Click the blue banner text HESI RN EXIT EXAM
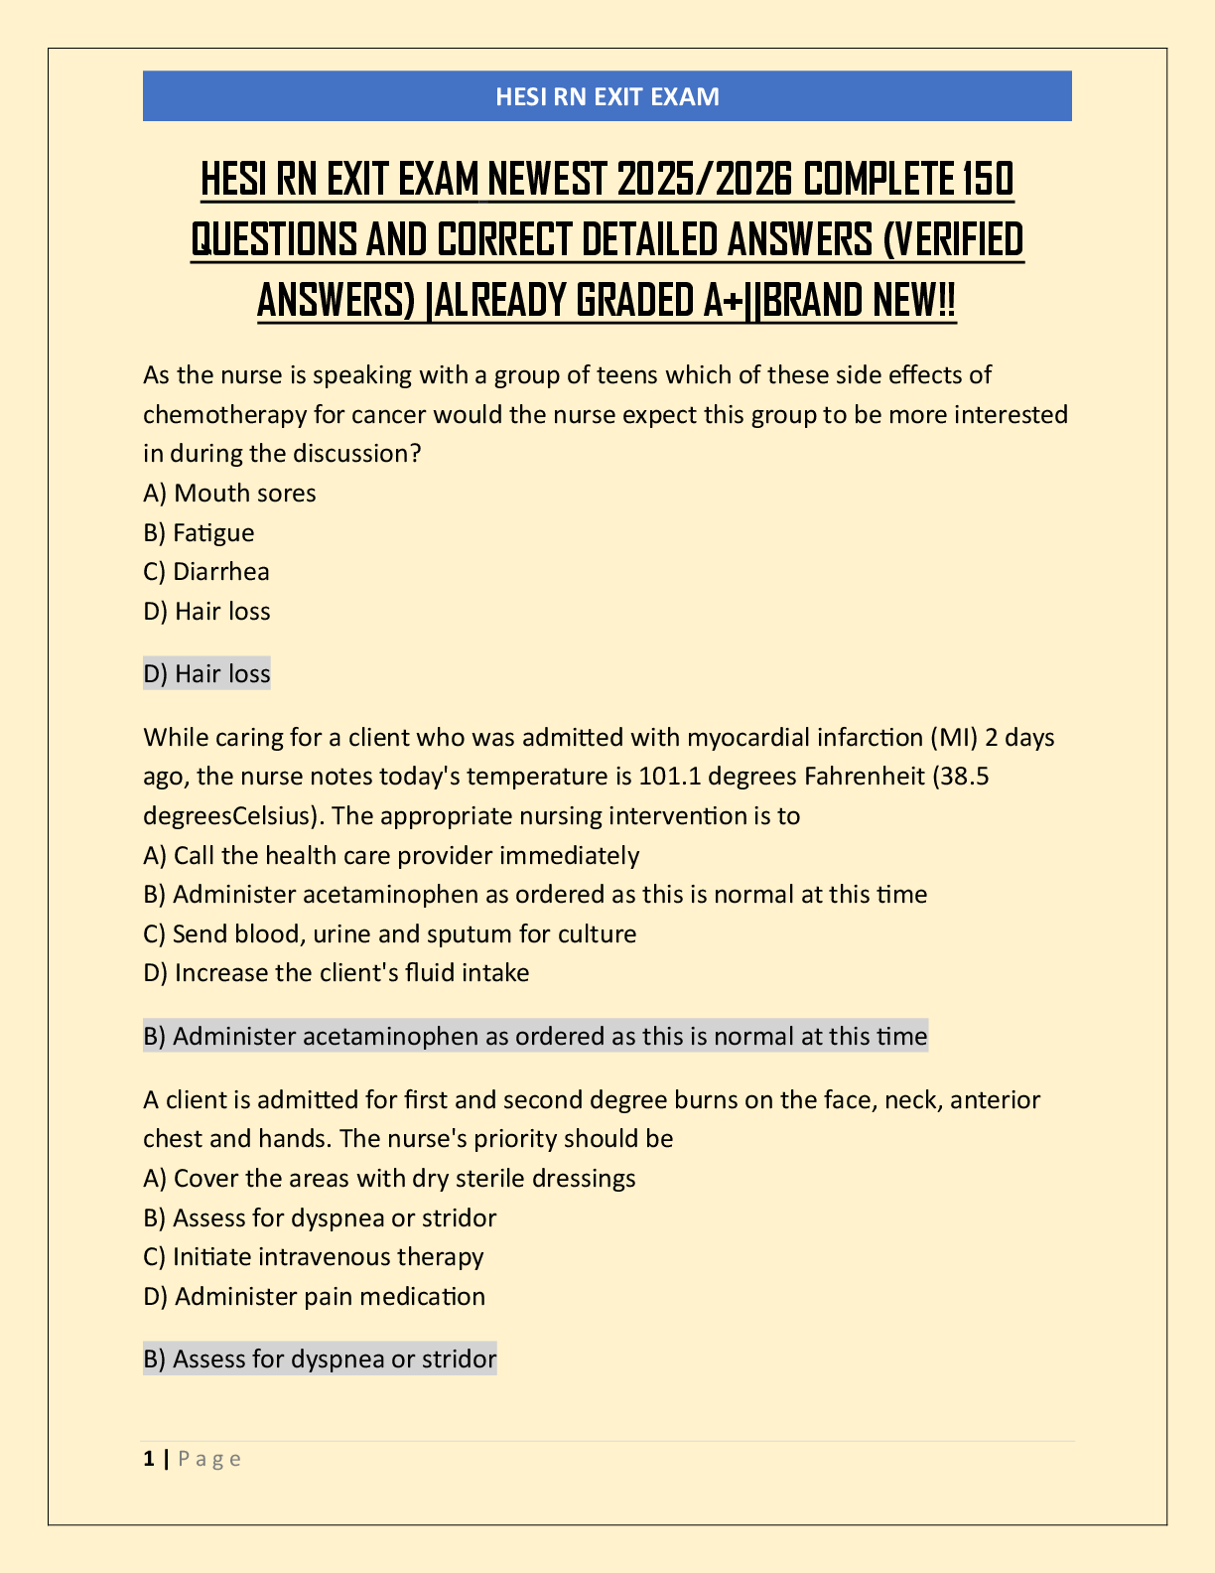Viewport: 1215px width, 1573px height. click(607, 96)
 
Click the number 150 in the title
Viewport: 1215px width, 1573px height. click(989, 180)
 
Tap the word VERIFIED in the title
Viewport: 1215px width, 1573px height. click(953, 239)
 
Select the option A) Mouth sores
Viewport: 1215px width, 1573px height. click(229, 494)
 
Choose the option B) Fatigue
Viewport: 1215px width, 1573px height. click(199, 533)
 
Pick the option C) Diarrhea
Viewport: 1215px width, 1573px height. click(206, 572)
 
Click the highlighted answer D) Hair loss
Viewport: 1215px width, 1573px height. click(206, 674)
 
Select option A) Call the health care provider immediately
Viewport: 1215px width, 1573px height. click(391, 856)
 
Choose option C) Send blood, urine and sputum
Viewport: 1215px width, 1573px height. click(389, 934)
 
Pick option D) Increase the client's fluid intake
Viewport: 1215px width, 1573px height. click(336, 973)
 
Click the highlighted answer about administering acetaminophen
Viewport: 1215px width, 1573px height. click(535, 1037)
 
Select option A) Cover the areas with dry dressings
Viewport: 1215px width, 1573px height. click(389, 1179)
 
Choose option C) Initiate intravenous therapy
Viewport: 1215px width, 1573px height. click(313, 1257)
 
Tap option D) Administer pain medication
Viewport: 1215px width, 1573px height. click(314, 1297)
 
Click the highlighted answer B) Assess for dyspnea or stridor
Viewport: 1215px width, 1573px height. click(320, 1359)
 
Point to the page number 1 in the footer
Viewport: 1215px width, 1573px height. click(149, 1459)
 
